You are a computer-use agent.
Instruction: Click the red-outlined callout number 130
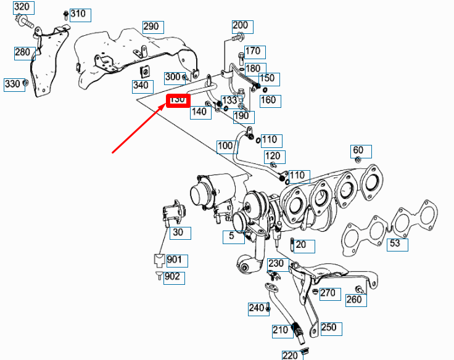tap(177, 100)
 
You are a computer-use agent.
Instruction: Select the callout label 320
tap(22, 8)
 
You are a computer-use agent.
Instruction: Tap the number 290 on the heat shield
tap(151, 27)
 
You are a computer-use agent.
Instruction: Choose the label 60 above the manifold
tap(358, 150)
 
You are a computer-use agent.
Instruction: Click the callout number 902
tap(173, 276)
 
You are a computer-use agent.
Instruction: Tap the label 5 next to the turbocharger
tap(233, 235)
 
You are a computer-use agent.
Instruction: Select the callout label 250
tap(329, 327)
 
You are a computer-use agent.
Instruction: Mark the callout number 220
tap(290, 354)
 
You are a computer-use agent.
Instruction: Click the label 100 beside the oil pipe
tap(226, 146)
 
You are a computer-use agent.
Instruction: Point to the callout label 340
tap(141, 84)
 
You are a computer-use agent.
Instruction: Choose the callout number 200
tap(241, 26)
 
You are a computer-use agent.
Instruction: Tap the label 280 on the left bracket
tap(22, 52)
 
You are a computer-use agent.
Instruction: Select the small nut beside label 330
tap(26, 82)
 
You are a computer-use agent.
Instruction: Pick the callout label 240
tap(257, 308)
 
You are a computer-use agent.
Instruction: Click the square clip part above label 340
tap(146, 70)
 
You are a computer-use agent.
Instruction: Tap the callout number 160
tap(268, 100)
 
